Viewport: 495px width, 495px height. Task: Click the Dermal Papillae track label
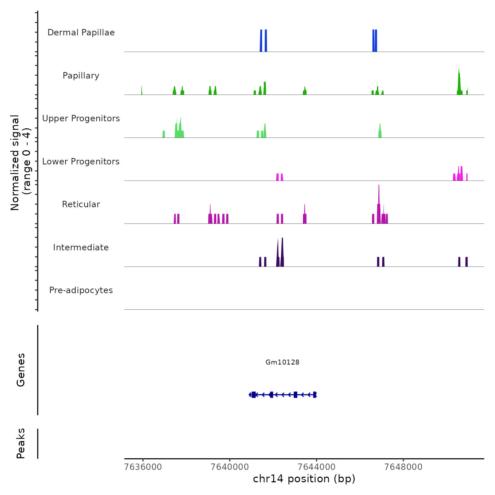81,33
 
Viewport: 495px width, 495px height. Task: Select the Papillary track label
81,76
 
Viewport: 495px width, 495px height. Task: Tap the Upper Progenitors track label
81,118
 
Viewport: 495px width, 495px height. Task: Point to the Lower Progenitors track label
81,162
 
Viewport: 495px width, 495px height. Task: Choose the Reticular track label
81,204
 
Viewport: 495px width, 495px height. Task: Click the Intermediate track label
81,248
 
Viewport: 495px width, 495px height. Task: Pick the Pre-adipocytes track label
81,290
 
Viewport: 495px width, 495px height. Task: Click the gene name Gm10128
283,362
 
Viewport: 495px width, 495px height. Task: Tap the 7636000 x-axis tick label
143,467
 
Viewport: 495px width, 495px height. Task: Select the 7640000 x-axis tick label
230,467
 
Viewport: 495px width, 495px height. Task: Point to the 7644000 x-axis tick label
317,467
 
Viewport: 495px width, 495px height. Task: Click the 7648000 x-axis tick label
404,467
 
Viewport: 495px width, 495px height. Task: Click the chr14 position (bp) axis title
304,479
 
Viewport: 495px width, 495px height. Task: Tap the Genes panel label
21,370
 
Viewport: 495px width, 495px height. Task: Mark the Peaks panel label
21,443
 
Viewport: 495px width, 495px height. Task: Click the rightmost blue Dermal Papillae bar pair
375,41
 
